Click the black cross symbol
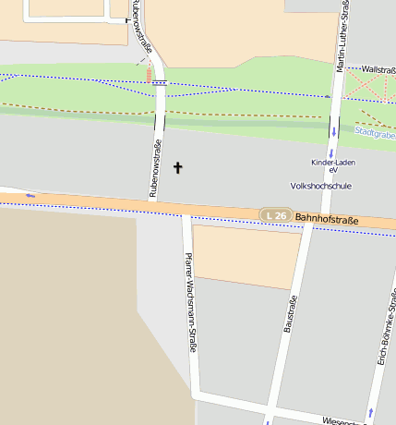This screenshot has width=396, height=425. pyautogui.click(x=178, y=168)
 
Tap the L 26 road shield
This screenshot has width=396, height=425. pyautogui.click(x=275, y=215)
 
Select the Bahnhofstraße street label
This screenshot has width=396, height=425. pyautogui.click(x=327, y=220)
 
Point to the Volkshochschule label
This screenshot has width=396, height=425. pyautogui.click(x=320, y=186)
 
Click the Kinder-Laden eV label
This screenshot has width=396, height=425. pyautogui.click(x=332, y=166)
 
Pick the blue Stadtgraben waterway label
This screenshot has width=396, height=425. pyautogui.click(x=375, y=133)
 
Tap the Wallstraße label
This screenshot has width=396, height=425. pyautogui.click(x=378, y=69)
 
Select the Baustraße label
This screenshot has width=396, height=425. pyautogui.click(x=289, y=313)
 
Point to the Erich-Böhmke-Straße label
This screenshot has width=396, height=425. pyautogui.click(x=388, y=328)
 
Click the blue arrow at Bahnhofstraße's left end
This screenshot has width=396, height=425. pyautogui.click(x=30, y=195)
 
